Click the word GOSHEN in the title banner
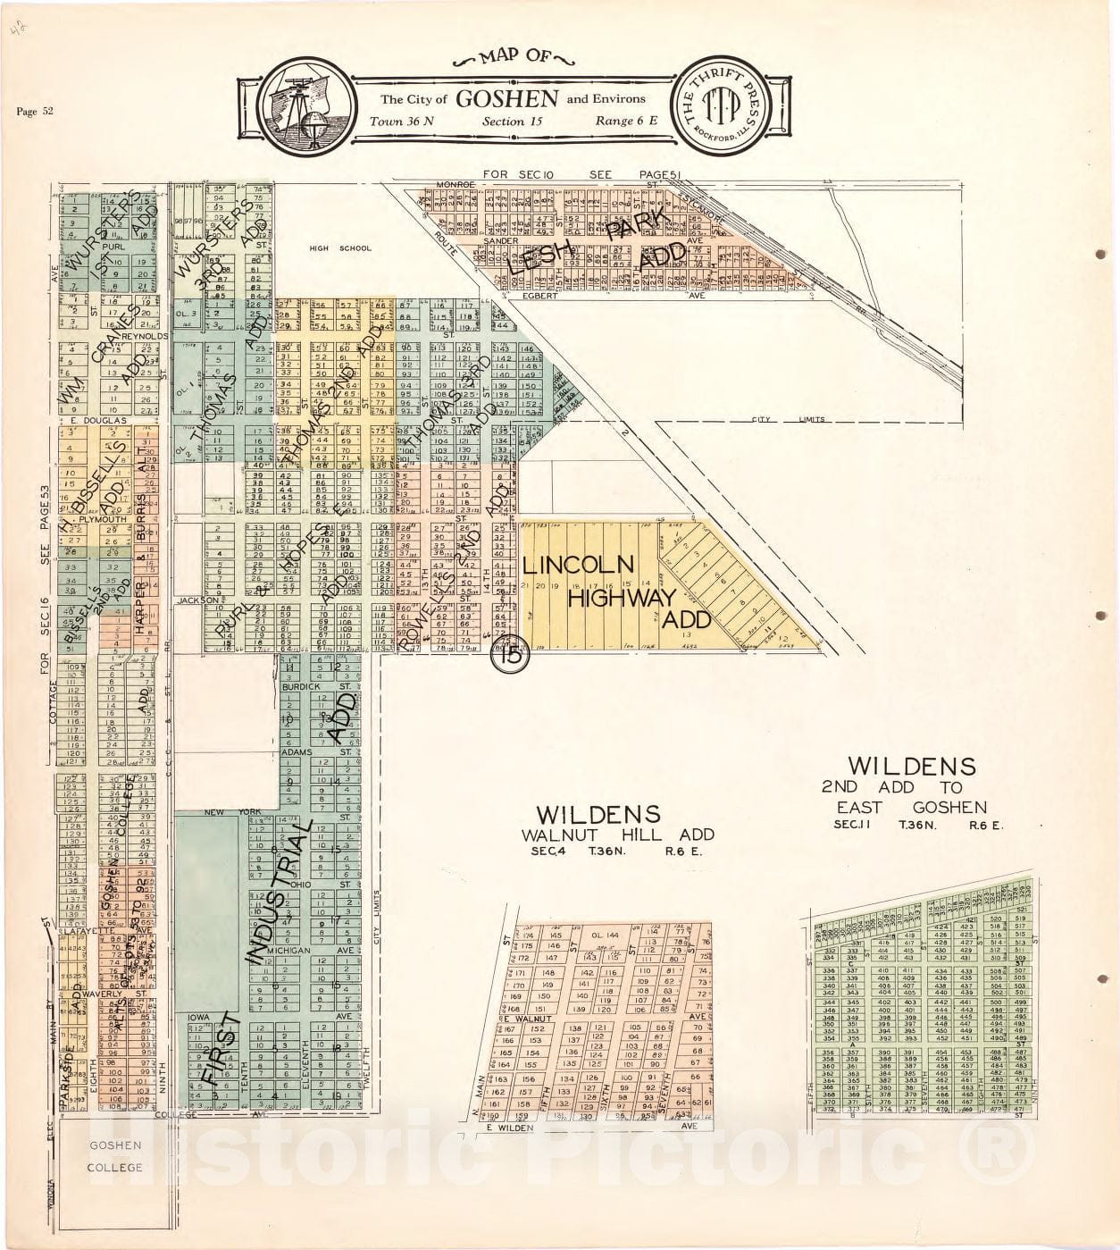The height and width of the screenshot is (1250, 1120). [507, 98]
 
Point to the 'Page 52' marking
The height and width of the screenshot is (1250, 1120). [35, 112]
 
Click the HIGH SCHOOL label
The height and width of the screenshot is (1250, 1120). [327, 248]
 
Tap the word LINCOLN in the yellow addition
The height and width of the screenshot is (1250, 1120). [578, 565]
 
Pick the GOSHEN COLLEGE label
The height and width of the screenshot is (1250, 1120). [114, 1156]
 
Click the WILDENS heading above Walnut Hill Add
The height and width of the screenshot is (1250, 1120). [598, 814]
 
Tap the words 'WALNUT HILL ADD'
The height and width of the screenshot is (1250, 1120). [618, 835]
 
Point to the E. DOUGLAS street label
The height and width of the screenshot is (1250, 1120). [98, 420]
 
